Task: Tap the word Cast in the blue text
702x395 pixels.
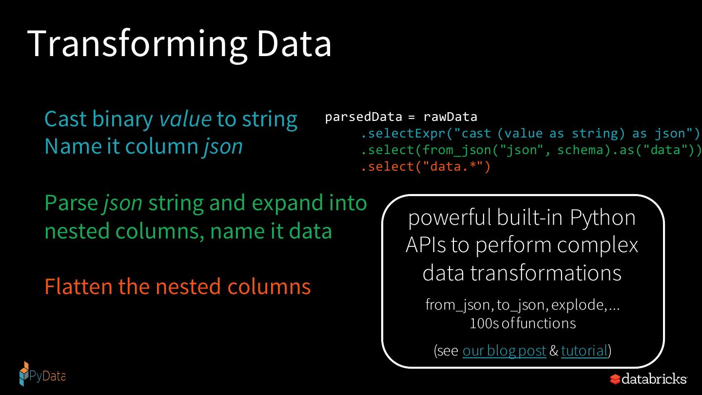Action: (65, 119)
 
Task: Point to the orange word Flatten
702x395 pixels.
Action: (78, 286)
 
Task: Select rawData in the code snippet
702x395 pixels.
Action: (450, 117)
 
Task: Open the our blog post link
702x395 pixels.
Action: (504, 351)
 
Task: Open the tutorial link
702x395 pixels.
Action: (584, 351)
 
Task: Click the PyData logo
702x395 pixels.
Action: (42, 375)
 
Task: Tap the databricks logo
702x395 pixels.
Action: (648, 379)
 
